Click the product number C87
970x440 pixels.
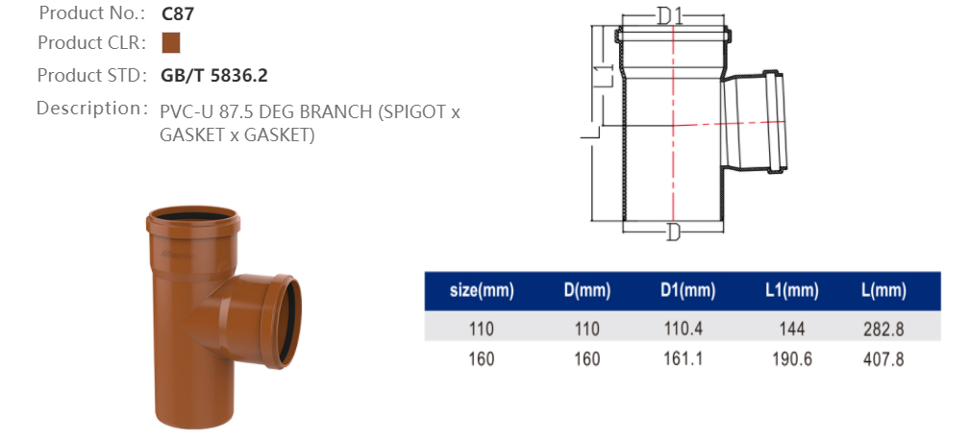(179, 13)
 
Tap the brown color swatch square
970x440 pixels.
(171, 43)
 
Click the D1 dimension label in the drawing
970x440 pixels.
(670, 15)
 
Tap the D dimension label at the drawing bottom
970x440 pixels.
(673, 232)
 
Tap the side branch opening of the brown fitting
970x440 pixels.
(287, 313)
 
